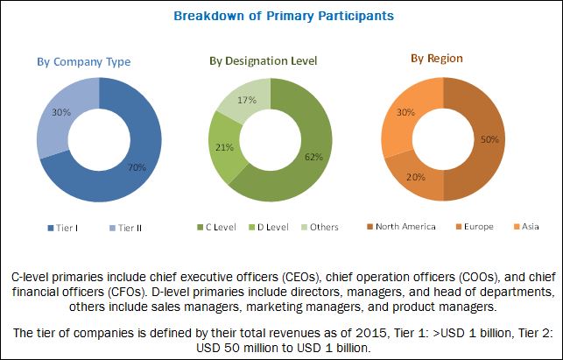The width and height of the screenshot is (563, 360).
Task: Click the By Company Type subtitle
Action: tap(84, 62)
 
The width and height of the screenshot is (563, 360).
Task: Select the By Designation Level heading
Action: tap(263, 60)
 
